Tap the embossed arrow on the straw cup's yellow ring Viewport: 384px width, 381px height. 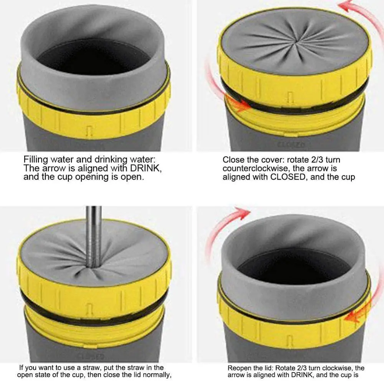pyautogui.click(x=89, y=308)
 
